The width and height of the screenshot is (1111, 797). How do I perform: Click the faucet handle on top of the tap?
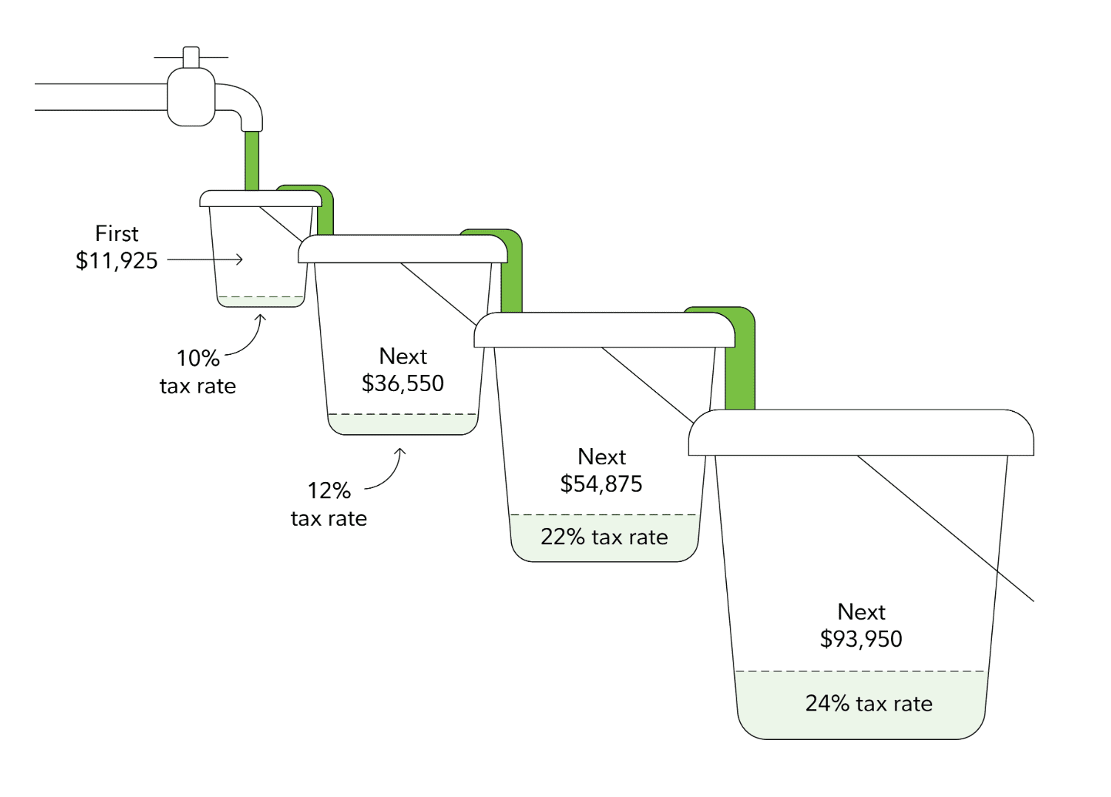tap(191, 57)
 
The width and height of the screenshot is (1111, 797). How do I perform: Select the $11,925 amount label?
tap(117, 261)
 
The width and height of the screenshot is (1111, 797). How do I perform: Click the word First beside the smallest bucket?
tap(117, 234)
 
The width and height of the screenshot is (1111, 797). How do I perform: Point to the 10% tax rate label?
tap(198, 372)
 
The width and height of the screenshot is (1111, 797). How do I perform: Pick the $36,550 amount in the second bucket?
tap(403, 384)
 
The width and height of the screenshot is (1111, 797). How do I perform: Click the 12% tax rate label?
tap(329, 504)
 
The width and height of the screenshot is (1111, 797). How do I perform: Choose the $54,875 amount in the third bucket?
tap(601, 484)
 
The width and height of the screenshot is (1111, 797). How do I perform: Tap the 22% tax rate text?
tap(604, 537)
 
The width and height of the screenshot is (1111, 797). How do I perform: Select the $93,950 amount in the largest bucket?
tap(861, 640)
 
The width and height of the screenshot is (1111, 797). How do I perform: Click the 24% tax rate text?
tap(869, 704)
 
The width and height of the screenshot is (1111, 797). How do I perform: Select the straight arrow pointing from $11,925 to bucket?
tap(205, 260)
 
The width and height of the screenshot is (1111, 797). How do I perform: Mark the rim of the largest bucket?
tap(861, 433)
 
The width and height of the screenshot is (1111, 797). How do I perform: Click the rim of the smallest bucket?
tap(260, 198)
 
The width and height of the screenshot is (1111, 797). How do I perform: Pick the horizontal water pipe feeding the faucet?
tap(100, 97)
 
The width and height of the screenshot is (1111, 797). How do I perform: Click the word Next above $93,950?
tap(861, 612)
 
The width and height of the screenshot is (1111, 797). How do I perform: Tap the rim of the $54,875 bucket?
tap(604, 330)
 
